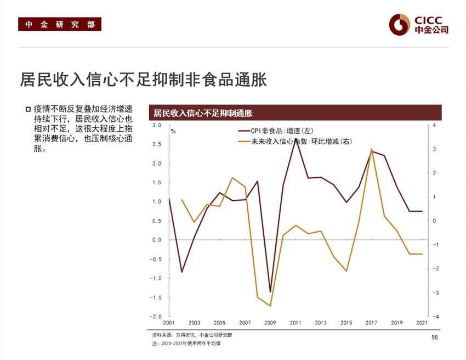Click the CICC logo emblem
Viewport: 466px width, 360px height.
click(400, 24)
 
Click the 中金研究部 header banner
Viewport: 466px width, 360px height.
click(60, 25)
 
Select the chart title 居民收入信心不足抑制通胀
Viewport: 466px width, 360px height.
click(202, 114)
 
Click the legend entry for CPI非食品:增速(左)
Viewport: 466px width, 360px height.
click(275, 131)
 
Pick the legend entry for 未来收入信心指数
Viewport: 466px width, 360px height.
click(295, 141)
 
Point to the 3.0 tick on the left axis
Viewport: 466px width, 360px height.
click(157, 126)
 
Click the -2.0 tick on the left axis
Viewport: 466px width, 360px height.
click(156, 317)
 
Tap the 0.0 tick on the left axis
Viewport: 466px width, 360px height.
click(157, 240)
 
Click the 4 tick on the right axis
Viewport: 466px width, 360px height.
click(434, 126)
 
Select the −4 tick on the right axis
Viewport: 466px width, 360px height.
click(433, 317)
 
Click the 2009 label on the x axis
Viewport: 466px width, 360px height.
click(270, 323)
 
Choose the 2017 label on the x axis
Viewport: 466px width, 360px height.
click(372, 323)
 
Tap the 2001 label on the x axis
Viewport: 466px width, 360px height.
click(168, 323)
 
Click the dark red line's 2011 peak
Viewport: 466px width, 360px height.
click(296, 139)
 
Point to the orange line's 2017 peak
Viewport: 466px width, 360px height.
click(372, 149)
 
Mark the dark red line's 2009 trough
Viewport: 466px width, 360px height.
click(270, 291)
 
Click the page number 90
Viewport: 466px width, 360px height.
click(435, 337)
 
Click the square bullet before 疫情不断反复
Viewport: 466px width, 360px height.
click(28, 109)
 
